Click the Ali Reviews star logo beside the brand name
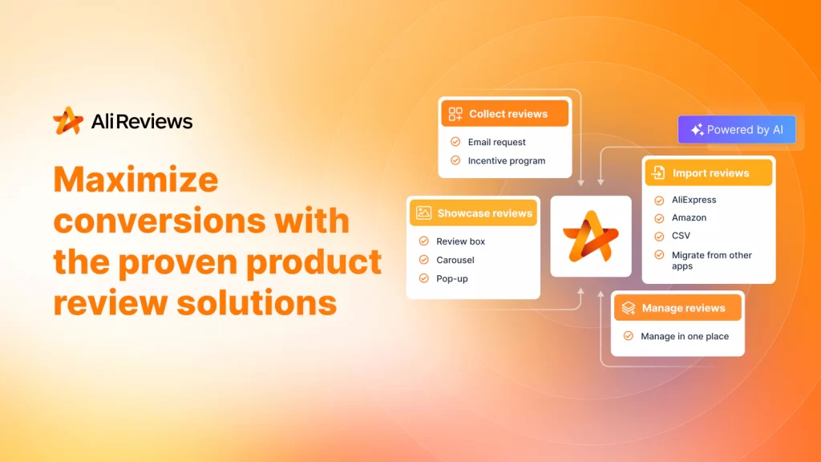68,121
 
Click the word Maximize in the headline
135,180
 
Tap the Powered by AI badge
737,129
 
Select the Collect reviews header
505,114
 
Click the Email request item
497,142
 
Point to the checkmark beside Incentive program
455,160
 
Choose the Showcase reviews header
473,213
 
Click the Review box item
461,241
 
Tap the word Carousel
455,260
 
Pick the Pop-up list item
452,278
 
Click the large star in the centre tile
591,237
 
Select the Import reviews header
709,173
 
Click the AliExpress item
694,200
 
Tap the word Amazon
689,217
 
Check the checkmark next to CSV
659,237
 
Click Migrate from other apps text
712,261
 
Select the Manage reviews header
677,308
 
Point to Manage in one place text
685,336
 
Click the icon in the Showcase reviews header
423,213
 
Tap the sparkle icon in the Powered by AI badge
697,130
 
